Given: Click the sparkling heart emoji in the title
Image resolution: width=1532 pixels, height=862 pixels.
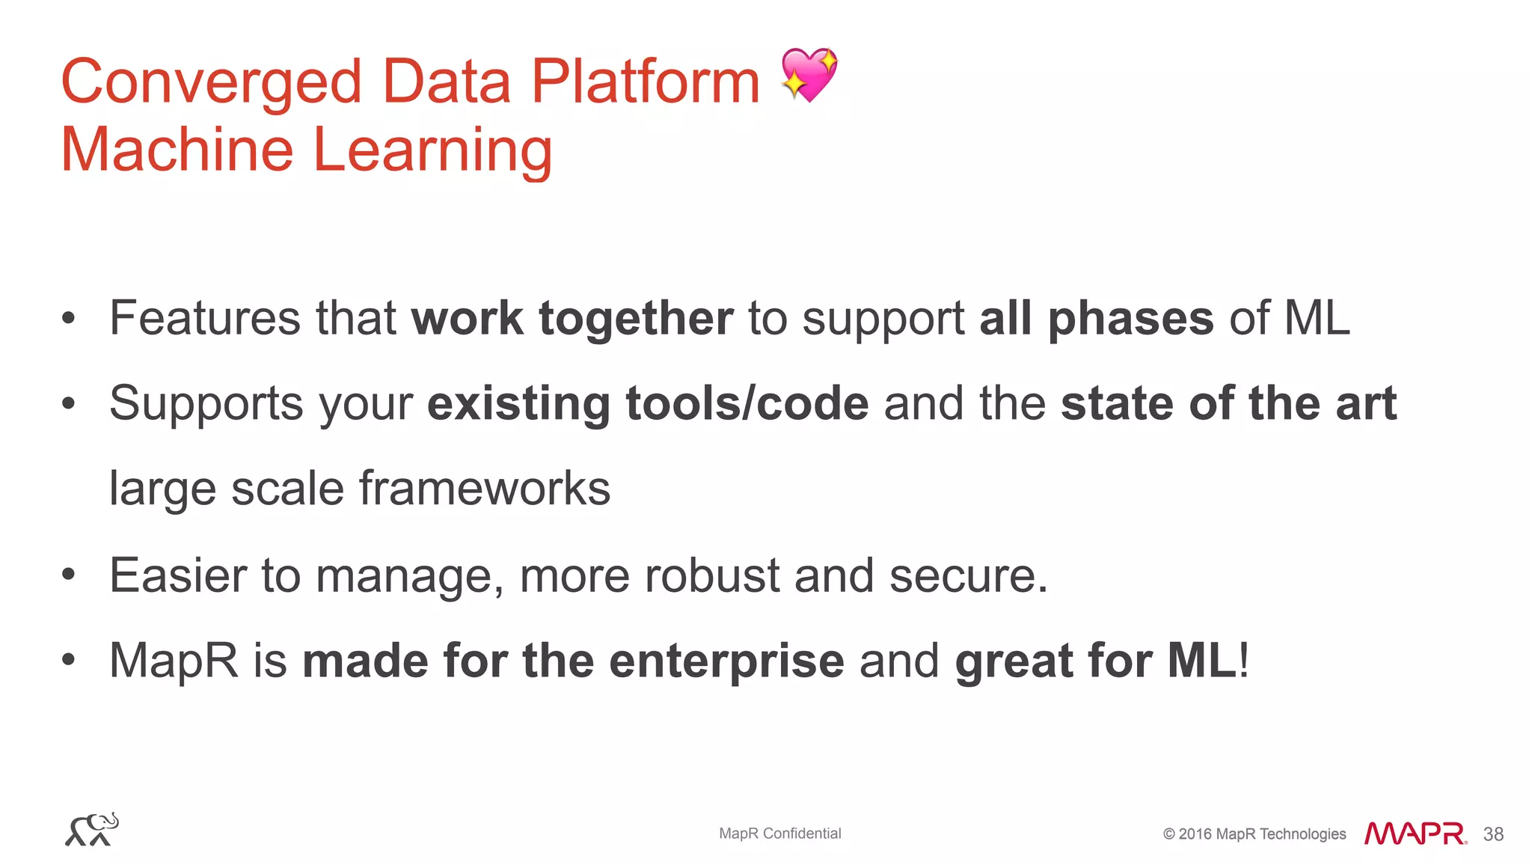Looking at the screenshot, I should pos(809,75).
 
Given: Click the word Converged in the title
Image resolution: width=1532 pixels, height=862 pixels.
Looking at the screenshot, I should pos(211,82).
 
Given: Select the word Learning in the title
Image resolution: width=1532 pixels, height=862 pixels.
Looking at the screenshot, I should pos(432,150).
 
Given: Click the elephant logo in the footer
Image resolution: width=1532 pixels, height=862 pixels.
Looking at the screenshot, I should pos(92,830).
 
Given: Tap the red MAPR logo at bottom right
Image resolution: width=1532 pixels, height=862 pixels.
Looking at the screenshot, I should pos(1415,834).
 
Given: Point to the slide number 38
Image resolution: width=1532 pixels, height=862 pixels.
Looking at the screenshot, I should pos(1493,834).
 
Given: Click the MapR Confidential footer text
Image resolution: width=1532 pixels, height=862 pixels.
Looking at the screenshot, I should pos(779,834).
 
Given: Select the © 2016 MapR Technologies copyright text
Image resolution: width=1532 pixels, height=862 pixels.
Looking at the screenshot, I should pos(1254,834).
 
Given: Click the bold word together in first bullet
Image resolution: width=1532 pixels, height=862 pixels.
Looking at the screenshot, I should pos(636,320).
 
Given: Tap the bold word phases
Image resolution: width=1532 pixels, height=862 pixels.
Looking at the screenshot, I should pos(1130,320).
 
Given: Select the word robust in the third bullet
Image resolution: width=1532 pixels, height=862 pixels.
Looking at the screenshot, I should pos(712,576).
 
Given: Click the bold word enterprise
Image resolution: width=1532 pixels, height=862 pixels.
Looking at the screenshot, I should pos(726,661).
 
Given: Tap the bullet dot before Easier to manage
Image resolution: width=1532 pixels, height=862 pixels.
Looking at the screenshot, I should pos(69,575).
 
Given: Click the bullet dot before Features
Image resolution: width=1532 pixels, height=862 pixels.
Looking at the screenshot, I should pos(69,318).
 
